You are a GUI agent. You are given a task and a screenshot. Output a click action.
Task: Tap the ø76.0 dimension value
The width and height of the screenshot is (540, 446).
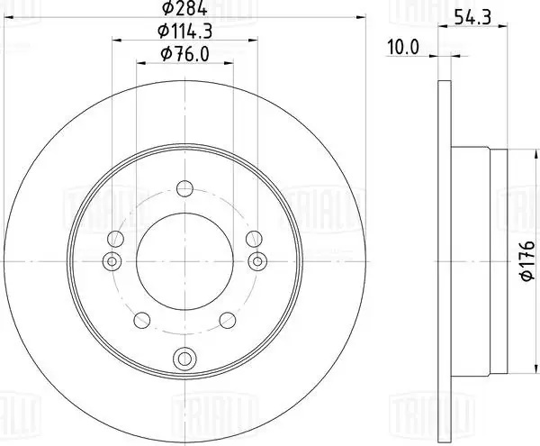click(184, 54)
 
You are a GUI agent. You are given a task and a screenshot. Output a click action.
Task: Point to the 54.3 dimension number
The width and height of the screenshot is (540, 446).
click(472, 16)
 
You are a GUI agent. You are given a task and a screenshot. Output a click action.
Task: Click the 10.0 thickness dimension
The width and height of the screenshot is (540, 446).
click(403, 47)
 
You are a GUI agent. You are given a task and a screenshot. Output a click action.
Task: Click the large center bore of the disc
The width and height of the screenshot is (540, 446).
click(184, 261)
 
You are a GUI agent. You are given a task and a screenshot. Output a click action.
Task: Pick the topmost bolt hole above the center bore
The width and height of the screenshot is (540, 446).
click(184, 188)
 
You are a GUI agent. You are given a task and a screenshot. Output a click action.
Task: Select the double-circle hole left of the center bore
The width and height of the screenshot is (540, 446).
click(112, 261)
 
